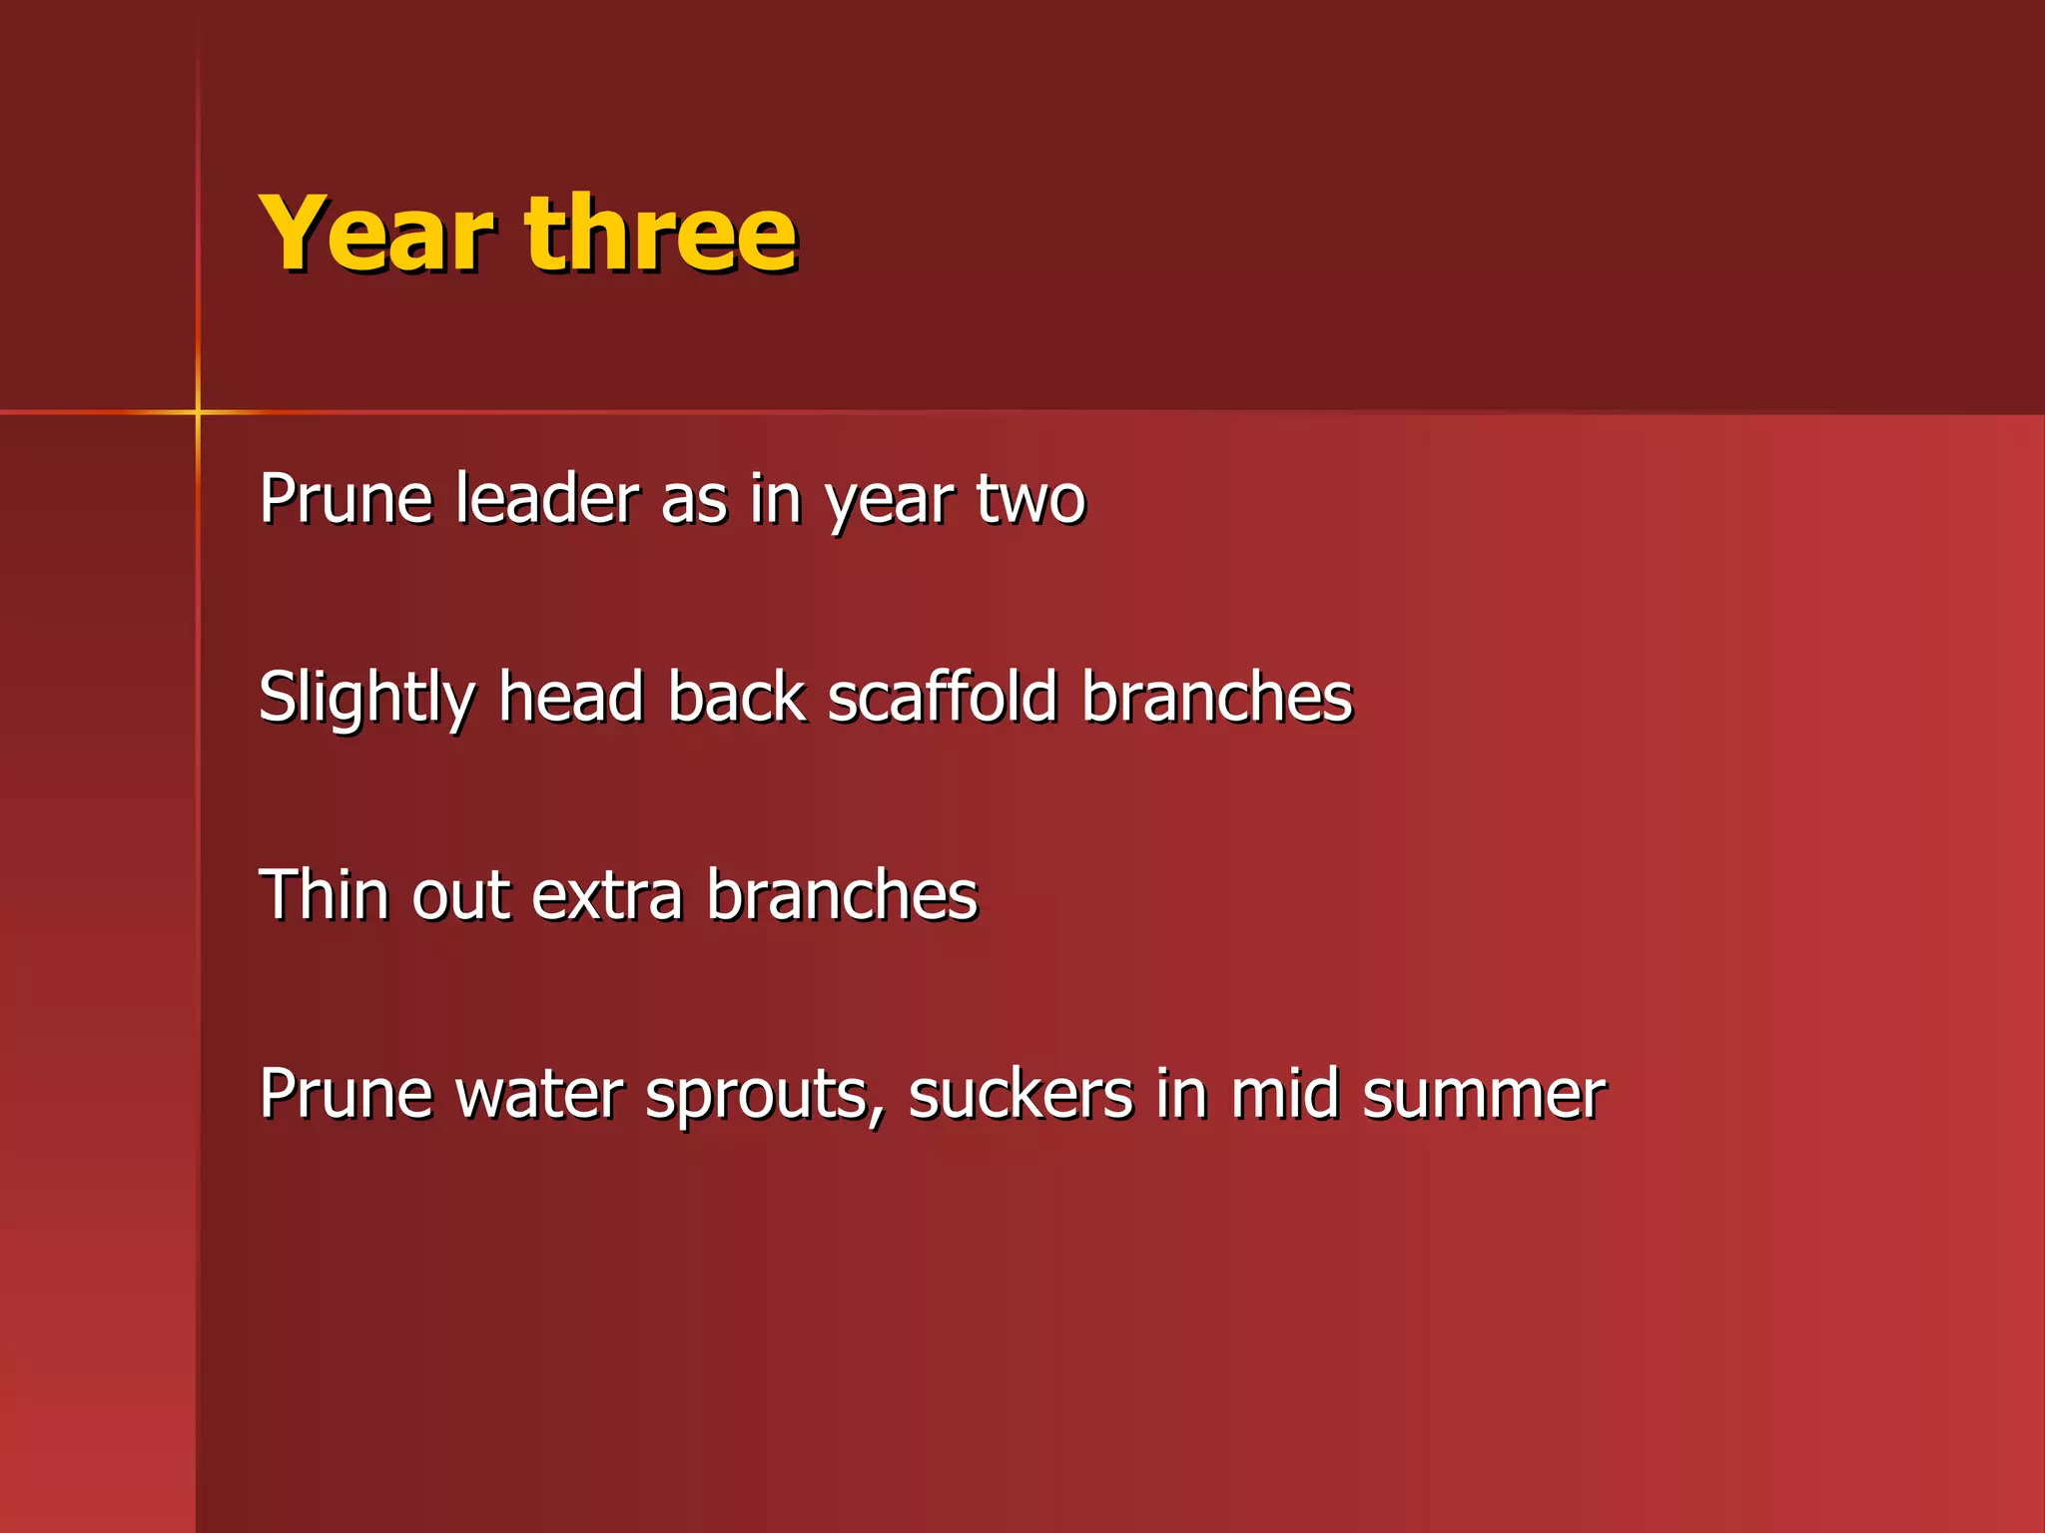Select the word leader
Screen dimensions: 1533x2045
point(547,498)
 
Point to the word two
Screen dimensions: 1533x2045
point(1029,500)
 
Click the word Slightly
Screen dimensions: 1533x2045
point(365,698)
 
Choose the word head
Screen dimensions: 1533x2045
point(571,696)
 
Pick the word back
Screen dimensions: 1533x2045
point(737,696)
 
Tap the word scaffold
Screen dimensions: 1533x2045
point(943,696)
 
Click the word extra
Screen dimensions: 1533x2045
point(607,895)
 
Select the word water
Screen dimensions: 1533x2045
point(539,1094)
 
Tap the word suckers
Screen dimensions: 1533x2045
point(1021,1094)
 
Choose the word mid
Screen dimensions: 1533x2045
point(1284,1093)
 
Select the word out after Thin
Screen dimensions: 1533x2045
point(461,895)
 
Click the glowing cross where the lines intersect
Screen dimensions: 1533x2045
point(198,411)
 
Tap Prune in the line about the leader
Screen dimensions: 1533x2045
point(345,498)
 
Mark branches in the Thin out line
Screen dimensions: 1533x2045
point(842,893)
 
